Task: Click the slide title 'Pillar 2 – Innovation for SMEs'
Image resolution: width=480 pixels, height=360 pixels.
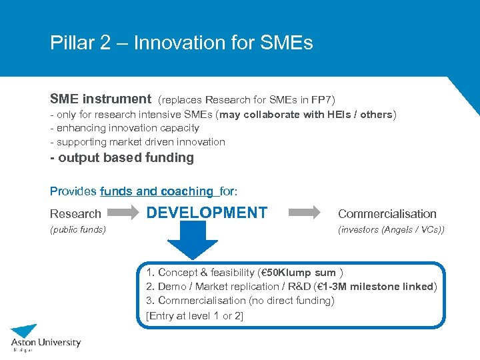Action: [181, 43]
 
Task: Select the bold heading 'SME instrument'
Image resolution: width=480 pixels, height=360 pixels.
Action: [101, 99]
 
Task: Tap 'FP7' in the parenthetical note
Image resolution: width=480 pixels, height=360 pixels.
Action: [311, 100]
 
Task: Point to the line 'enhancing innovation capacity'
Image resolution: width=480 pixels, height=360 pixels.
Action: [127, 128]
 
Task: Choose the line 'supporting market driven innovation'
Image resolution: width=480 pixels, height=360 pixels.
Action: [141, 142]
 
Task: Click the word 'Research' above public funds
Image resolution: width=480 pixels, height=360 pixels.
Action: [75, 214]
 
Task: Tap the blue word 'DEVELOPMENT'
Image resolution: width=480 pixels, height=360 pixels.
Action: [207, 213]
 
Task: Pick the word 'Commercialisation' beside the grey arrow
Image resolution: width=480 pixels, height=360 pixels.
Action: [387, 214]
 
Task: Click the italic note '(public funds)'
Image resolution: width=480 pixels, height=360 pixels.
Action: [78, 230]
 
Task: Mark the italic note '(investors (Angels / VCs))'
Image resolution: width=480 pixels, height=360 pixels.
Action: [391, 230]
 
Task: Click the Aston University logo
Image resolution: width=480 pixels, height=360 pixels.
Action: [45, 337]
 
